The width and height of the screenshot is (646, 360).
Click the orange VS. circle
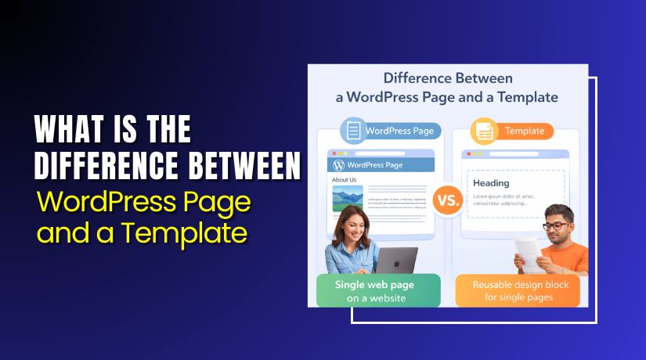tap(447, 200)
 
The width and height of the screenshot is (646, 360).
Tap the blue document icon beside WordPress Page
tap(354, 131)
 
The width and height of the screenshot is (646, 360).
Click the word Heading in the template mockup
tap(491, 183)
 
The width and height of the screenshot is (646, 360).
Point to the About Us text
tap(345, 180)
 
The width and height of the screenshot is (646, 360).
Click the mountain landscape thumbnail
tap(347, 199)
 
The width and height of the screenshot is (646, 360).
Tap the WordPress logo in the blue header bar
tap(339, 165)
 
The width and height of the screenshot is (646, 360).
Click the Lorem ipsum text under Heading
tap(505, 200)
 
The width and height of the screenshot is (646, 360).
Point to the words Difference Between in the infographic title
tap(448, 79)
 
